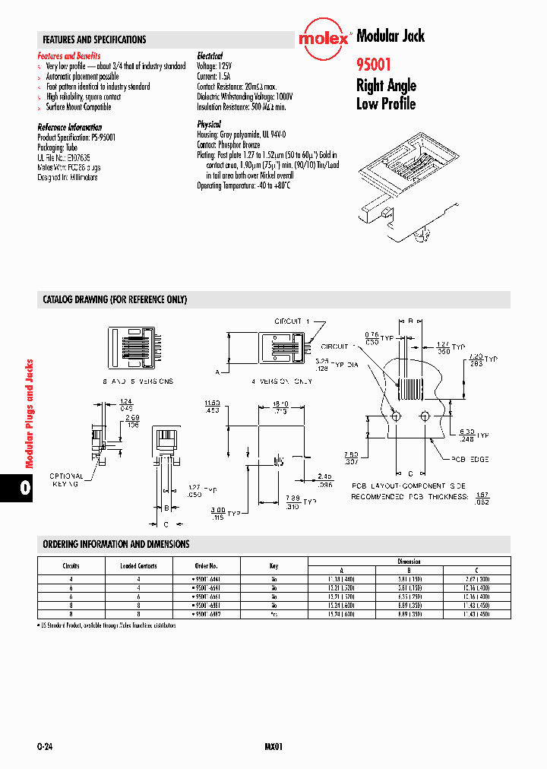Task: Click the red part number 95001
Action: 375,65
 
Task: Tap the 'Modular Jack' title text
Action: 390,36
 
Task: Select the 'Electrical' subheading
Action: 210,56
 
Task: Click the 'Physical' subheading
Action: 209,124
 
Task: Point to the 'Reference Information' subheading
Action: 69,127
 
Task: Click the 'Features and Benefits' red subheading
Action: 69,56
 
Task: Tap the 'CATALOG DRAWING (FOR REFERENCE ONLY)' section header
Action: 115,300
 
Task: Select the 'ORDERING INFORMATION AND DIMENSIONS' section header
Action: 116,544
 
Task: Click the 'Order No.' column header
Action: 207,565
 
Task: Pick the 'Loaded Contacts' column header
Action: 138,565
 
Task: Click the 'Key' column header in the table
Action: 273,565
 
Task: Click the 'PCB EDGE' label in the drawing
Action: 469,459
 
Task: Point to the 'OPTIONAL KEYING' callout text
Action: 67,479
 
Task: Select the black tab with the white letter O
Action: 25,487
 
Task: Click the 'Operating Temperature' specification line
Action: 244,185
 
